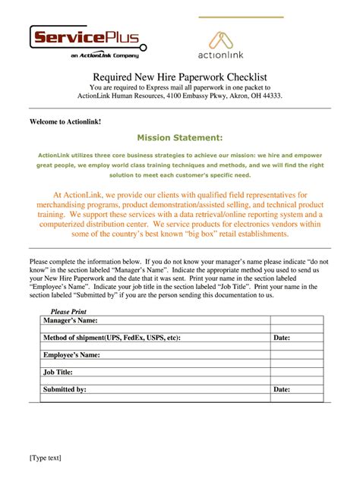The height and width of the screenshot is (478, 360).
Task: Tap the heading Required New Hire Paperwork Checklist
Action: coord(179,77)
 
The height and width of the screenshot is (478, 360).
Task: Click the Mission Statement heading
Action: coord(179,137)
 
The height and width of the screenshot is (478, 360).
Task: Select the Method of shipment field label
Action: coord(112,338)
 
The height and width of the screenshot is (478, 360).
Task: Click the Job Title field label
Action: coord(58,372)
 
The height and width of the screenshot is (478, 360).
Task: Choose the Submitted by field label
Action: coord(65,389)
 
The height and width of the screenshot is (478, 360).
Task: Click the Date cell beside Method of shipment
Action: coord(282,338)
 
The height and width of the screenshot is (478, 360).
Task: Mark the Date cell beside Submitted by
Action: coord(282,389)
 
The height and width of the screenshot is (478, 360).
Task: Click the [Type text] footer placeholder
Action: coord(45,458)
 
